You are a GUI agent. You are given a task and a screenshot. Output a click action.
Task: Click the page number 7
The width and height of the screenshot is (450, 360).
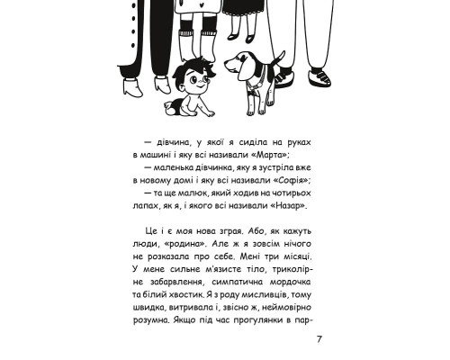319,338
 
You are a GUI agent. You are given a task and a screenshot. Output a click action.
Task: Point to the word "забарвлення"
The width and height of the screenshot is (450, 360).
166,281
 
